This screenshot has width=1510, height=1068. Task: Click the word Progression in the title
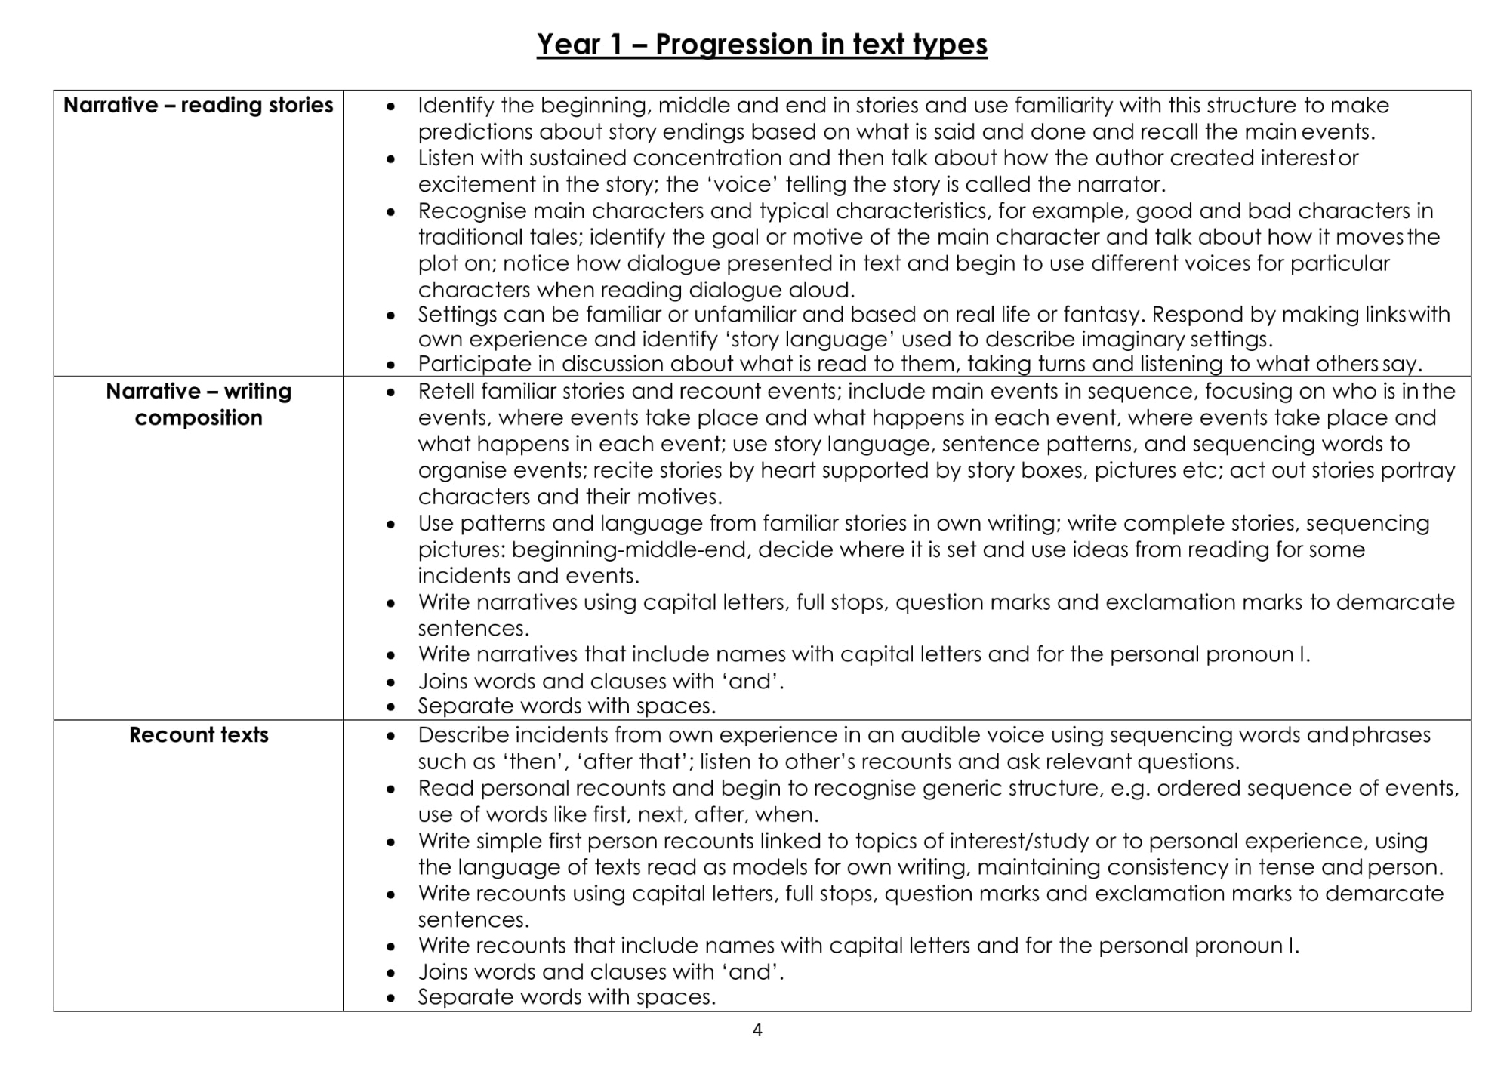tap(735, 45)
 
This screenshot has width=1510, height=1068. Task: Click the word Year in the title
tap(568, 45)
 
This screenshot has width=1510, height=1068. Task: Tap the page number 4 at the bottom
tap(757, 1030)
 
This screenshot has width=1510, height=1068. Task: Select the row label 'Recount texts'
tap(199, 735)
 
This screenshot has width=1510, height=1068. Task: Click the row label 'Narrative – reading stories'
tap(198, 105)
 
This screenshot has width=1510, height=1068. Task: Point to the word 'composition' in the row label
tap(199, 417)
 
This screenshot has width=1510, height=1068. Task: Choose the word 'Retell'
tap(445, 391)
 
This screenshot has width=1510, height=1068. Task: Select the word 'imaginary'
tap(1132, 340)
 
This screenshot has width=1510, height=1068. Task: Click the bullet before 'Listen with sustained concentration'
tap(390, 159)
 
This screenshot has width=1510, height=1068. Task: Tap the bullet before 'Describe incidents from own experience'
tap(390, 736)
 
